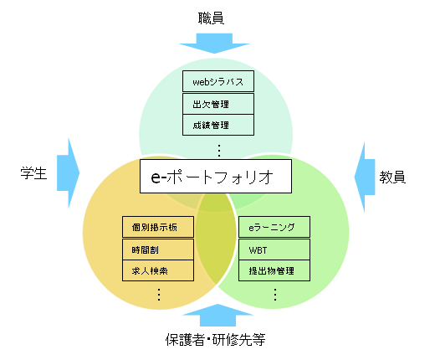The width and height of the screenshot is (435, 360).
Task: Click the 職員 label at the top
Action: point(211,18)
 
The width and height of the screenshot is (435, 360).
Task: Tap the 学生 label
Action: point(33,173)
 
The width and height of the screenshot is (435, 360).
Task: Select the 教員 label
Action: point(392,177)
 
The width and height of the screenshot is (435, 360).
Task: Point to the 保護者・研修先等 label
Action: point(215,340)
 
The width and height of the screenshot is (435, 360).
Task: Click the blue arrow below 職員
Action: point(214,43)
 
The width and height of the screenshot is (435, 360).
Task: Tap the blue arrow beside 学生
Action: point(69,173)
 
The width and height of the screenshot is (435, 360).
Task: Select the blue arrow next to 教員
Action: point(365,177)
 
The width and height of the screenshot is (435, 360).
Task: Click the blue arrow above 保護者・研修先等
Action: point(217,316)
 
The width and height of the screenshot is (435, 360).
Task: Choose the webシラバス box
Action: point(218,81)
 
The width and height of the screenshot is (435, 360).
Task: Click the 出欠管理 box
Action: point(218,104)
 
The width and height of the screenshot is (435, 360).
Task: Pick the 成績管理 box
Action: point(218,125)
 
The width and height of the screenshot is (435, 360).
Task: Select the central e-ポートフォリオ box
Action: point(216,176)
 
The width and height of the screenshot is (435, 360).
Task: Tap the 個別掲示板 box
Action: point(158,227)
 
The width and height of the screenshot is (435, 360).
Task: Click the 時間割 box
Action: point(158,249)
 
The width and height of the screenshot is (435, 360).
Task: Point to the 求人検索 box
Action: point(158,270)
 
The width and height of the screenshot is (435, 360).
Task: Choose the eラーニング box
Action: point(274,227)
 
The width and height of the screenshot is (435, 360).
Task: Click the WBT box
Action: point(274,249)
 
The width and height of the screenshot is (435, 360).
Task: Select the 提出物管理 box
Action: point(274,270)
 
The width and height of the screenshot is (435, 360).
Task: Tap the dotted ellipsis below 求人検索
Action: point(159,295)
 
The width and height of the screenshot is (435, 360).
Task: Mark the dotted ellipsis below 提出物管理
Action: point(275,295)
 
